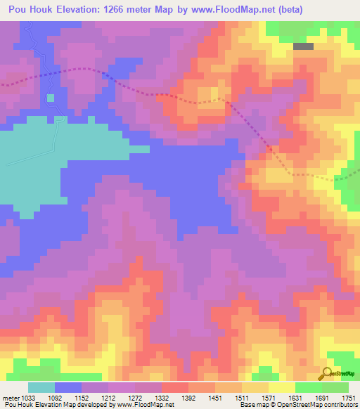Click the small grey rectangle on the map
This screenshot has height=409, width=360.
click(x=303, y=46)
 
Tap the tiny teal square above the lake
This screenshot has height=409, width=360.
click(x=51, y=98)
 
